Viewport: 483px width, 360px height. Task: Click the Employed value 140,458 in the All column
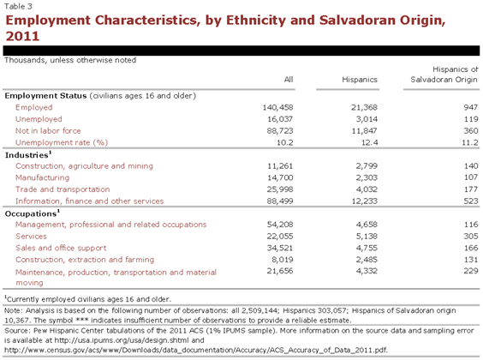point(277,107)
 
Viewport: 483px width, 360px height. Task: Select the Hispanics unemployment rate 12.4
point(369,142)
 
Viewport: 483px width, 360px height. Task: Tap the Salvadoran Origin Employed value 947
point(471,107)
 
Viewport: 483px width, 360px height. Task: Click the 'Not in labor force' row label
point(48,130)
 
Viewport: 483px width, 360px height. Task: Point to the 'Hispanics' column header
point(360,80)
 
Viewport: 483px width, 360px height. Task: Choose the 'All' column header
point(289,80)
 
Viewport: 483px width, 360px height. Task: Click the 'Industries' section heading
point(28,154)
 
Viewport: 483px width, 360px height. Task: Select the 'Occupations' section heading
point(33,213)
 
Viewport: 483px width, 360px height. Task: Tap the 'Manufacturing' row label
point(43,177)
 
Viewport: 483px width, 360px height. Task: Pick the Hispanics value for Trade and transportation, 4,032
point(367,189)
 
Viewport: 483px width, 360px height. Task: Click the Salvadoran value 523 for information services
point(471,201)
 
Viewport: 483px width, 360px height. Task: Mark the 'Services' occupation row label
point(31,236)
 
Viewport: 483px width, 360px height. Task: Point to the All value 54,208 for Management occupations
point(280,225)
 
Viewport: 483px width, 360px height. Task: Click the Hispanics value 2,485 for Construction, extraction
point(367,260)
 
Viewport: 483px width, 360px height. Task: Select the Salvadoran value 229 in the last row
point(471,271)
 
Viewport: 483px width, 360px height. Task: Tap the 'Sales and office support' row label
point(61,248)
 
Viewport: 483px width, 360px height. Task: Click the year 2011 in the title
point(22,36)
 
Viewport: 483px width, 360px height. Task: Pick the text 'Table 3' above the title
point(18,6)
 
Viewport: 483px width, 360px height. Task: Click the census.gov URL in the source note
point(196,350)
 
